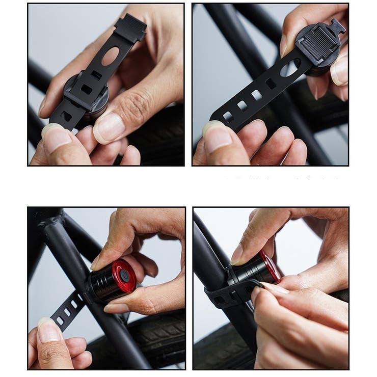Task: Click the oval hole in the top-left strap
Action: click(111, 56)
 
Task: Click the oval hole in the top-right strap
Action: click(290, 67)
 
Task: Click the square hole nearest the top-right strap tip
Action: click(228, 117)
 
